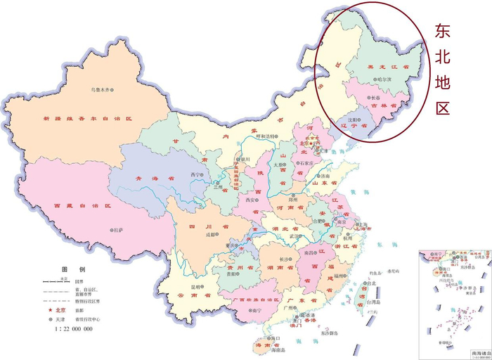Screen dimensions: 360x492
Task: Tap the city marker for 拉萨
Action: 110,230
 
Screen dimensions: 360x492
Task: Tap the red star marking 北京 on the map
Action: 313,143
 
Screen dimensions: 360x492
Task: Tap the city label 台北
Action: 373,283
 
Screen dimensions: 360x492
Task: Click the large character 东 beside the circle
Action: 442,31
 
